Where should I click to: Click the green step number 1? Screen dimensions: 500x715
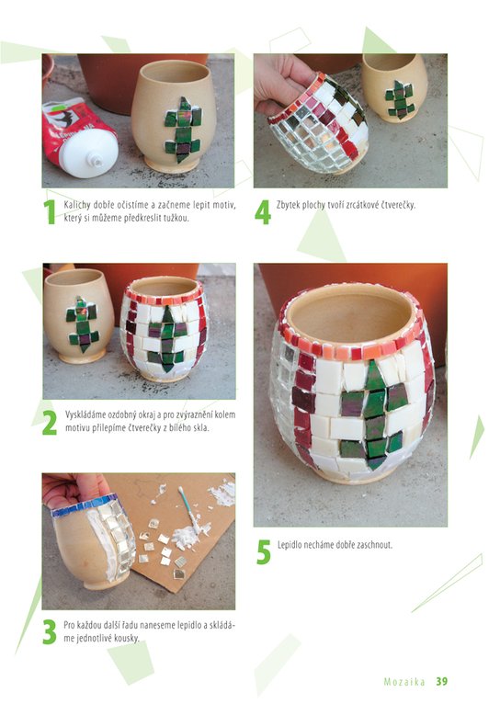[x=49, y=212]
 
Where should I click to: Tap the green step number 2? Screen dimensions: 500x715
[x=50, y=423]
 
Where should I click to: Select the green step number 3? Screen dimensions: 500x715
[x=50, y=632]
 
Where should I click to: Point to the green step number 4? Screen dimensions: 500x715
[x=262, y=212]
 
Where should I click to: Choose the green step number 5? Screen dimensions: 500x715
[x=263, y=552]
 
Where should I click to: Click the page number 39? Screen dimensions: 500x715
[x=441, y=682]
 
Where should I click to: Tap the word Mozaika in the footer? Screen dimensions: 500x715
[x=404, y=682]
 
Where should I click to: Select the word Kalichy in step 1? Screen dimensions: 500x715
[x=77, y=206]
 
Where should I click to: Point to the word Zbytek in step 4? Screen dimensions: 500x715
[x=287, y=205]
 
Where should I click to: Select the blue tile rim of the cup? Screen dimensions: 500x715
[x=85, y=505]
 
